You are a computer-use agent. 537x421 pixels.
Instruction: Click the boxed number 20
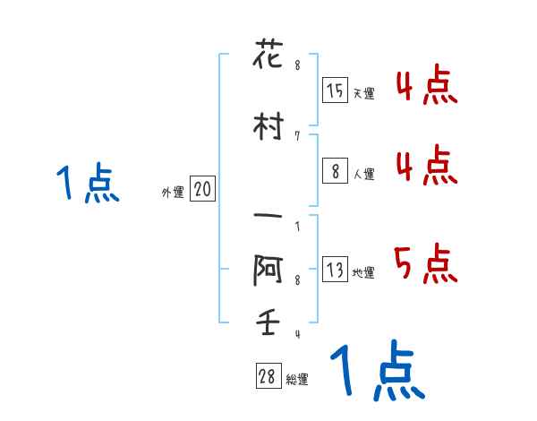(x=203, y=189)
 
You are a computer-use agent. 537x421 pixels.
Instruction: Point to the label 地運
(x=363, y=273)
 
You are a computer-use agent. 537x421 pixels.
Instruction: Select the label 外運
(x=172, y=192)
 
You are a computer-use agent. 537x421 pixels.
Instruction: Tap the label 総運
(x=297, y=380)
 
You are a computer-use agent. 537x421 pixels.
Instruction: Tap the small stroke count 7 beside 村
(x=296, y=135)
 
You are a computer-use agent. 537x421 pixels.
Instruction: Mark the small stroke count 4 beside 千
(x=296, y=335)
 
